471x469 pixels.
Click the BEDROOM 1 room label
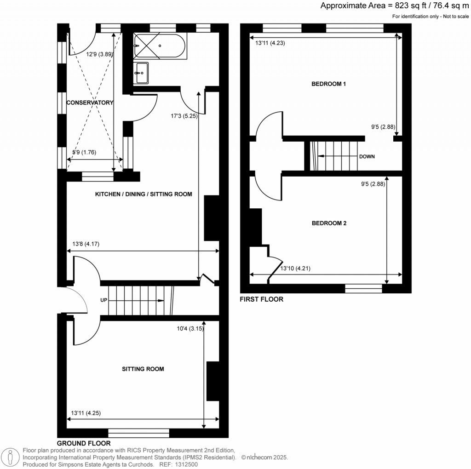328,84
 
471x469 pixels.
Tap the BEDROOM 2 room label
329,223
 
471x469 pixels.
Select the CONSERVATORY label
90,103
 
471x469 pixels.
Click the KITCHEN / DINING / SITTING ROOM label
144,194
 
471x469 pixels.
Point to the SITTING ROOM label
143,369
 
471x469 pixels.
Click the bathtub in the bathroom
160,46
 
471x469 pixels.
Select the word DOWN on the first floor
367,156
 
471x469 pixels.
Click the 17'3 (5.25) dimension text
184,116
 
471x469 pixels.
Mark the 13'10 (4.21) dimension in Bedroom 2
297,269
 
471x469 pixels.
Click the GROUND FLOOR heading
84,443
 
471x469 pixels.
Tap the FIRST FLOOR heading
261,299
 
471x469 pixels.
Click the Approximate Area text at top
394,6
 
